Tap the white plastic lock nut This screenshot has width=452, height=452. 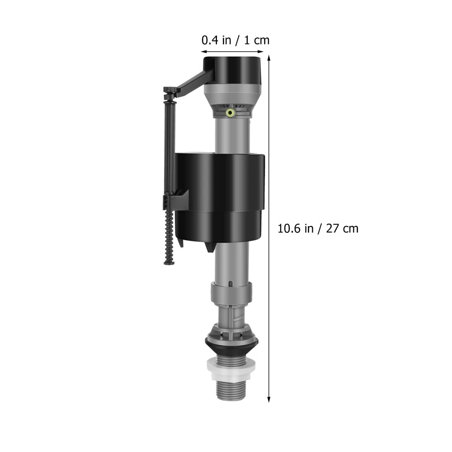click(230, 369)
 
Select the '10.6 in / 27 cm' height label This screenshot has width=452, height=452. click(318, 229)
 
